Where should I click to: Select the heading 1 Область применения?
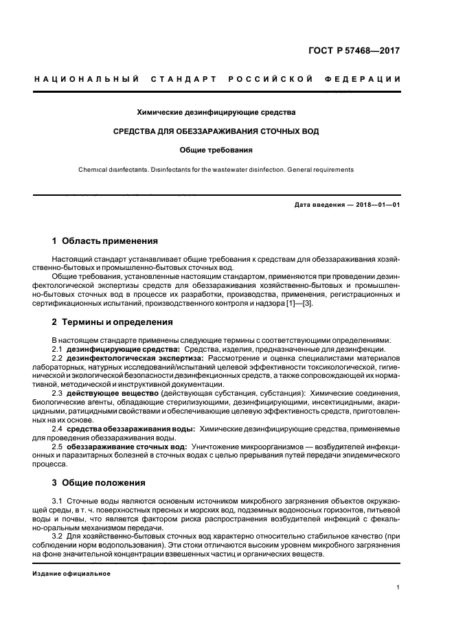click(x=104, y=241)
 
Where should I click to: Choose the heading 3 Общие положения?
click(x=99, y=482)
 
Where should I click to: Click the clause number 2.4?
click(x=58, y=428)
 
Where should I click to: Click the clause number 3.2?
click(x=58, y=535)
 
